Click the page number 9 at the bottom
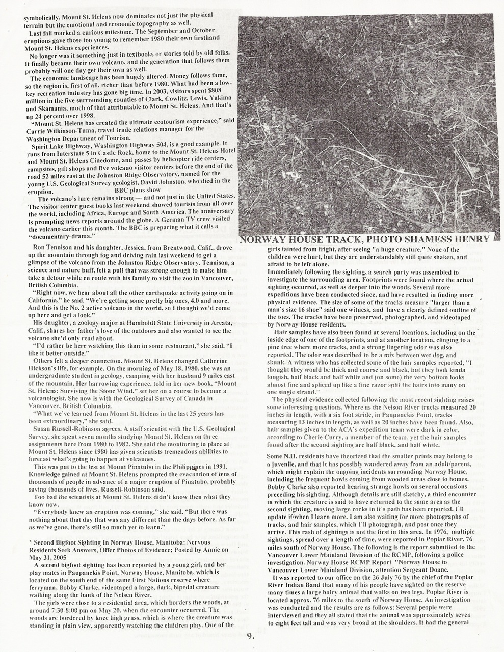coord(249,635)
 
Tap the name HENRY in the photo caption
coord(468,239)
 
